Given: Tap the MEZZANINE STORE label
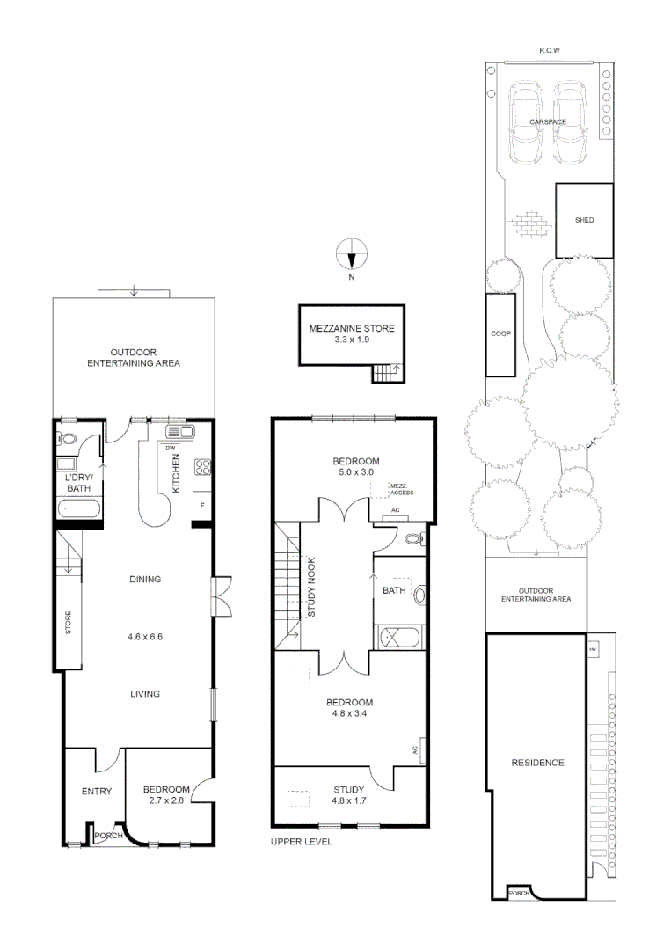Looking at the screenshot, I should (352, 328).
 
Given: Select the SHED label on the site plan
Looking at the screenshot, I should (584, 220).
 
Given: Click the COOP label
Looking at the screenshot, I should (500, 334).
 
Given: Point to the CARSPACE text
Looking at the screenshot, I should (547, 121).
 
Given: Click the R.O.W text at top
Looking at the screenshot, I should (550, 51).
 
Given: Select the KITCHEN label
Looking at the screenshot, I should (177, 473).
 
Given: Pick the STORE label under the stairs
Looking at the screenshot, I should (68, 624).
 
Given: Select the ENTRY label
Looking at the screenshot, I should (96, 792).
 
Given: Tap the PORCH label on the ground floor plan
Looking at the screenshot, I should (109, 836).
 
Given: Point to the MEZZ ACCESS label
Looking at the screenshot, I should (401, 490).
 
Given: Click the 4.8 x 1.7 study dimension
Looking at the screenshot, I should (349, 800).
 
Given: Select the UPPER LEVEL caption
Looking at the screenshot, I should (302, 842).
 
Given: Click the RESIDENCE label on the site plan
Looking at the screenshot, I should (537, 763).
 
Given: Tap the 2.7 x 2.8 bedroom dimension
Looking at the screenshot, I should (167, 800).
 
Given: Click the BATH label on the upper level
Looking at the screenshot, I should (393, 590).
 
